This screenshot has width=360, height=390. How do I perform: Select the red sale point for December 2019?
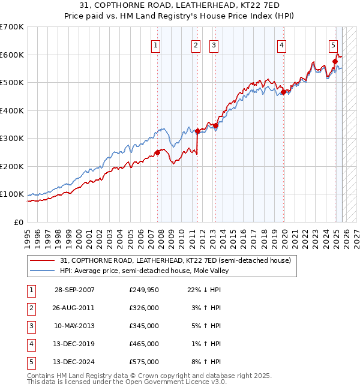pos(283,92)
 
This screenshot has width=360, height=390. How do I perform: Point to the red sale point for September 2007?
pos(158,152)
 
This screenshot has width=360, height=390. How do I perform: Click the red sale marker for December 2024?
pos(335,61)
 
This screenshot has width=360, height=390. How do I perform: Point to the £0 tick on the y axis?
pos(18,223)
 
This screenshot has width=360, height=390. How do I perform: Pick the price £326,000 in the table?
pos(144,307)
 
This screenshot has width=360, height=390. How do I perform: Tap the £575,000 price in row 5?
pos(144,362)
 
